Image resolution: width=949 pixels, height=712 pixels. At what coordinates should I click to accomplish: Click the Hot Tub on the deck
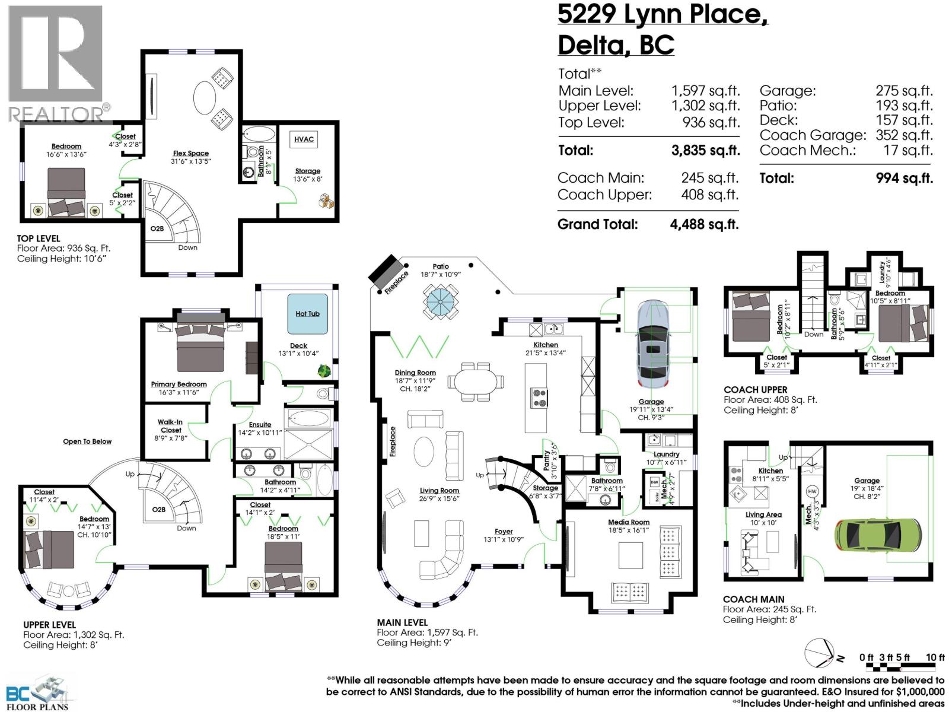307,314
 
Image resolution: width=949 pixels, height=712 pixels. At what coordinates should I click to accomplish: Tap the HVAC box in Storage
304,139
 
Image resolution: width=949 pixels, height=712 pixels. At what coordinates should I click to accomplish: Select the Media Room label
629,522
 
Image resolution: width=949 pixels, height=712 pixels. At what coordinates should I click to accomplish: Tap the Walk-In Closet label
170,426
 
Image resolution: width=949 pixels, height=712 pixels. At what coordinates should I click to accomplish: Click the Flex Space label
190,153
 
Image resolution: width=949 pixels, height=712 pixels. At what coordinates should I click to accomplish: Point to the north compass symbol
822,654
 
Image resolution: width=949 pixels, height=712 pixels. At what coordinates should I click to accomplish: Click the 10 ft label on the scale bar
935,657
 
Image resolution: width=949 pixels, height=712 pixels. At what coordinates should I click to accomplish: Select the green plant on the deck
324,371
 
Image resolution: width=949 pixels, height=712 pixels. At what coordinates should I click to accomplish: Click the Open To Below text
87,441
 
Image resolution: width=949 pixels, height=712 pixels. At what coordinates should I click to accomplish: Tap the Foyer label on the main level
504,532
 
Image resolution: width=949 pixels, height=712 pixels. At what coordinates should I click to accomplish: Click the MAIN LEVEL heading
402,622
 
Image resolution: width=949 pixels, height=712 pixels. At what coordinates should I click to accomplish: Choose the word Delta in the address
590,45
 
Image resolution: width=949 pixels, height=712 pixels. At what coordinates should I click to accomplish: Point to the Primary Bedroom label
179,384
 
